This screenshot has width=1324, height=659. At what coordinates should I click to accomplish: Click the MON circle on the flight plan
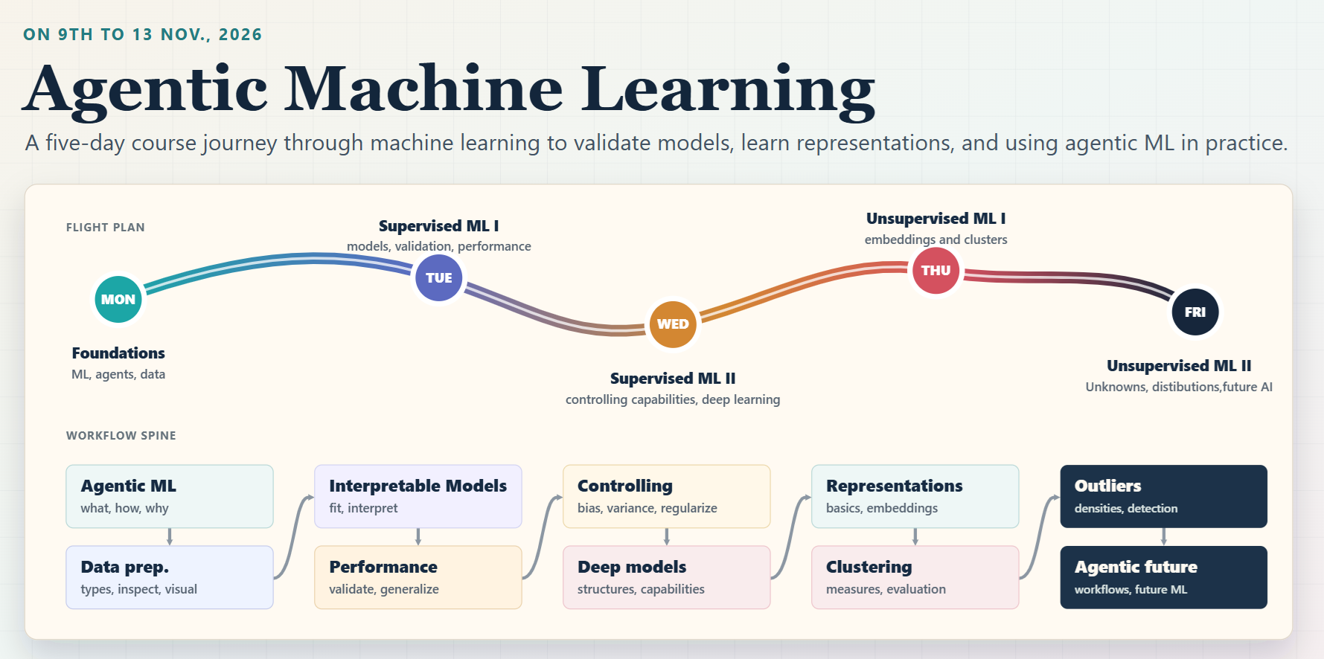118,299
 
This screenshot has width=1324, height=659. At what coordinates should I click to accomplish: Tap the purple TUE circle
438,277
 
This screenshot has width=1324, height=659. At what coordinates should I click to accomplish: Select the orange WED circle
673,324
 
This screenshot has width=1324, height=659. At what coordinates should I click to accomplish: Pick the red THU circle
936,271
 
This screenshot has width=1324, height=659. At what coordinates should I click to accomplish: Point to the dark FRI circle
1195,312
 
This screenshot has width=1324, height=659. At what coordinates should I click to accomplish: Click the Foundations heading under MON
118,353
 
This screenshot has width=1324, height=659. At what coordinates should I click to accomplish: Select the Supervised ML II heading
673,379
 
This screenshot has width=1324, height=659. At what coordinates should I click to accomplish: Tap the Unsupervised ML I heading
936,219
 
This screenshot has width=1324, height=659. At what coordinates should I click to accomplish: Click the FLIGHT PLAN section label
106,228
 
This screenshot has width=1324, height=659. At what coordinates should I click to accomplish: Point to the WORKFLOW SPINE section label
121,436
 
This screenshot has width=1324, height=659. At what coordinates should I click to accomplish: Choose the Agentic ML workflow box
170,496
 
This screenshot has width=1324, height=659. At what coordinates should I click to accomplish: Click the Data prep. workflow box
170,577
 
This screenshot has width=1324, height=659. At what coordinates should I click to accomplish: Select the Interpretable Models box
418,496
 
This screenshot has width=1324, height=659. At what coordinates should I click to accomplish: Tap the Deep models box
667,577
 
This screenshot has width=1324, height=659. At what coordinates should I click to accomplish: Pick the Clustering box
915,577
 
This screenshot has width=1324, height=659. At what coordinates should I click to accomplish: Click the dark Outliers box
1164,496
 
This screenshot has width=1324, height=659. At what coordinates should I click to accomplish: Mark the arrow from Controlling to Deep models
667,537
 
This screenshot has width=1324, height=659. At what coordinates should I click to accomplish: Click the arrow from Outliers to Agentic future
1164,537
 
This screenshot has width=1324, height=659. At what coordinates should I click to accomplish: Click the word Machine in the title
423,89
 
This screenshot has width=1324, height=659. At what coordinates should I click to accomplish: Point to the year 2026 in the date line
240,35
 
